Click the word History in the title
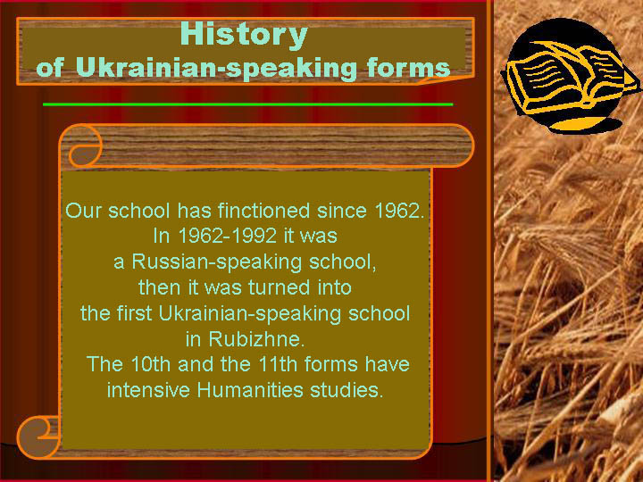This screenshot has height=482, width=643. click(x=244, y=35)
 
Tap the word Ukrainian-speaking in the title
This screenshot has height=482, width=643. click(x=216, y=68)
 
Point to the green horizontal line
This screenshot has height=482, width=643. click(x=247, y=104)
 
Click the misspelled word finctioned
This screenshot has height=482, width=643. click(x=263, y=211)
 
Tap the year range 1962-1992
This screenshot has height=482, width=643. click(x=227, y=236)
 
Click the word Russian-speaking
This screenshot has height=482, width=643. click(x=217, y=262)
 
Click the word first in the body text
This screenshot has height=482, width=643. click(x=134, y=313)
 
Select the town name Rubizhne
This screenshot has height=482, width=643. click(x=256, y=339)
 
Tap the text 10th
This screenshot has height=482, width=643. click(x=151, y=364)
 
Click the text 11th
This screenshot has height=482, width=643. click(x=278, y=364)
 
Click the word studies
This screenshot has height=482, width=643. click(x=347, y=390)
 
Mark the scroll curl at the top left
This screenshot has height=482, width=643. click(x=85, y=145)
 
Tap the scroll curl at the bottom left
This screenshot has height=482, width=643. click(x=38, y=437)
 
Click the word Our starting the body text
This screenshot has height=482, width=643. click(x=83, y=211)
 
